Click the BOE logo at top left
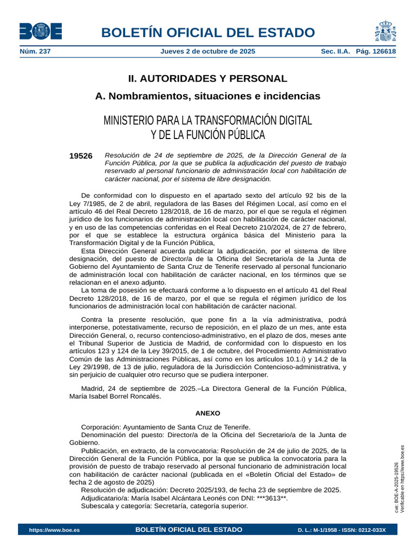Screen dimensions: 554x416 click(x=41, y=31)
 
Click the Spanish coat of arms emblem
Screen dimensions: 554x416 click(x=385, y=31)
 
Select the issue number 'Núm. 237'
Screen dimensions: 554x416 click(x=35, y=51)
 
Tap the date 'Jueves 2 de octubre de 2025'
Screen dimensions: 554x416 click(x=208, y=51)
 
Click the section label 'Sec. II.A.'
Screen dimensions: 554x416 click(x=336, y=51)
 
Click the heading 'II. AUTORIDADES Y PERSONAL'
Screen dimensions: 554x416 click(x=207, y=78)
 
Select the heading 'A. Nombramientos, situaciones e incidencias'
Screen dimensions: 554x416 click(x=207, y=96)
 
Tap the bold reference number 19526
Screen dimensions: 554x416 click(x=81, y=156)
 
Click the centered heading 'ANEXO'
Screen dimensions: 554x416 click(x=208, y=413)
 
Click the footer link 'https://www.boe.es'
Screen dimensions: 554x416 click(x=54, y=530)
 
